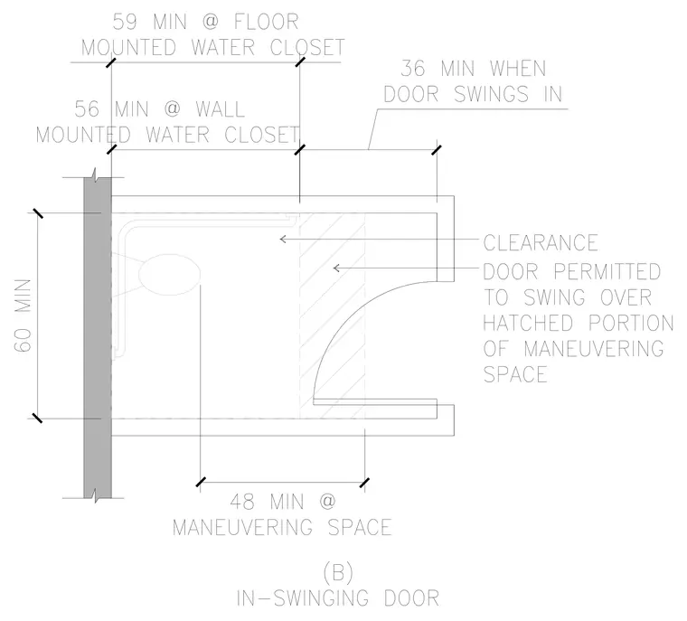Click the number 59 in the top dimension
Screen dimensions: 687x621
[125, 22]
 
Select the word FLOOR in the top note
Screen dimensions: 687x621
[267, 22]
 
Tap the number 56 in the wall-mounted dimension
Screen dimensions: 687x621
[87, 109]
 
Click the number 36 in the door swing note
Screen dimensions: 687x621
[413, 69]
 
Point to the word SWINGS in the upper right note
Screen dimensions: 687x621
[492, 94]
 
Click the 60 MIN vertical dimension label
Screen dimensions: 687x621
[23, 315]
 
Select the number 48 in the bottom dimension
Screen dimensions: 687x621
[242, 502]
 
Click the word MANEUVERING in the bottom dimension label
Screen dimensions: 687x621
[242, 527]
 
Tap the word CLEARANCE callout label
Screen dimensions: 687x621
[541, 243]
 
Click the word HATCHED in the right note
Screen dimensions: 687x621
[528, 323]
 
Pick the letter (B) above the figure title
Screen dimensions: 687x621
[338, 573]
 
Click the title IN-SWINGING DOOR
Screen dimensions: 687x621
[338, 598]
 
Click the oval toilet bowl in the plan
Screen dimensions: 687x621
[170, 275]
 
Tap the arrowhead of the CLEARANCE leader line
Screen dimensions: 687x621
[283, 239]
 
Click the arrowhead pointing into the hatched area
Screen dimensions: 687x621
[336, 268]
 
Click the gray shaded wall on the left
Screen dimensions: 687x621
[98, 337]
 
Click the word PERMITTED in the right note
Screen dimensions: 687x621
[607, 272]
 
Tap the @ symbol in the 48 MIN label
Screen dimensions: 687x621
[327, 502]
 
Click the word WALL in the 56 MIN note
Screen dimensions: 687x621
[220, 109]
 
